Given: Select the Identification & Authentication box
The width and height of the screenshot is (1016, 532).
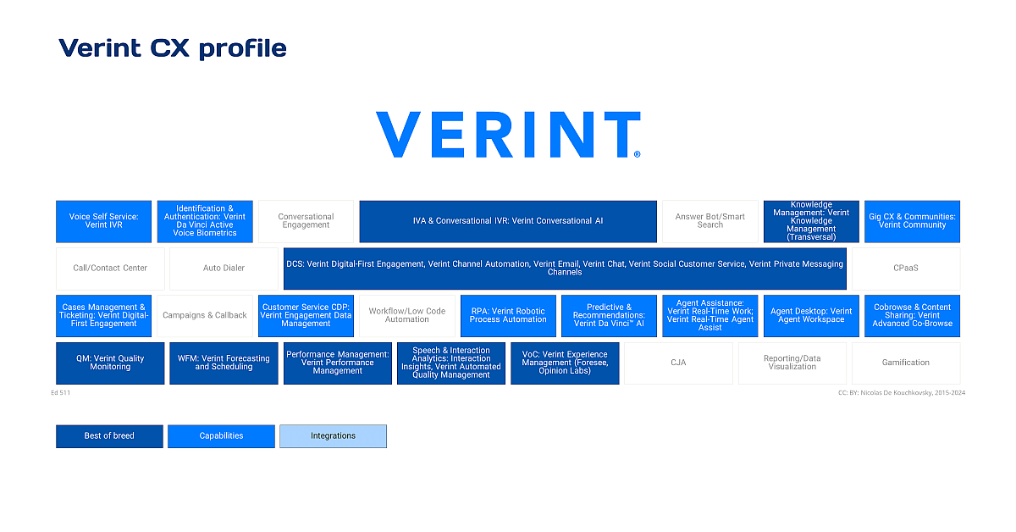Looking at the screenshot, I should click(205, 221).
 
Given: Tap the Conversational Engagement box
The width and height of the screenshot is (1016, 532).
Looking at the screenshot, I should click(306, 221).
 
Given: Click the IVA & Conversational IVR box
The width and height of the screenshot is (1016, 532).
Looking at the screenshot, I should click(508, 221).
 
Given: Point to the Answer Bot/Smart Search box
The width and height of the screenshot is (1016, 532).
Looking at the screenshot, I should click(710, 221).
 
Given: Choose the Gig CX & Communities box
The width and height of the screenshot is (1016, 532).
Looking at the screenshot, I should click(912, 221).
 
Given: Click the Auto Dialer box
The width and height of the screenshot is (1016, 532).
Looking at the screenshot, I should click(224, 269).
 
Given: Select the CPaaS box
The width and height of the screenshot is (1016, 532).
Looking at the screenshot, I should click(905, 269).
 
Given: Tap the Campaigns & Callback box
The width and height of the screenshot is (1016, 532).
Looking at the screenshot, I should click(205, 315).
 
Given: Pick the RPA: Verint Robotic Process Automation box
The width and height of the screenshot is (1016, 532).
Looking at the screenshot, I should click(508, 315).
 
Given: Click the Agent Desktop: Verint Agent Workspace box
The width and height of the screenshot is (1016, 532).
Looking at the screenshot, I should click(811, 315).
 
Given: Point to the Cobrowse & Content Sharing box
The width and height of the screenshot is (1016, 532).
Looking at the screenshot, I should click(912, 315).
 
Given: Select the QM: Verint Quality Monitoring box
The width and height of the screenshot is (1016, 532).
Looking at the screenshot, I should click(110, 363).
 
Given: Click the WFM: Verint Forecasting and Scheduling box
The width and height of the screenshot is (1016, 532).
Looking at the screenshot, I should click(224, 363).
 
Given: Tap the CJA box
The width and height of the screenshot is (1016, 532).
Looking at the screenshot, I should click(678, 363).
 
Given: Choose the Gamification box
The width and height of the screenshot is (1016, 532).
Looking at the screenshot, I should click(905, 363).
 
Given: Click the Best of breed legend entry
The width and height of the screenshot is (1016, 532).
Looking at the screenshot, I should click(109, 436).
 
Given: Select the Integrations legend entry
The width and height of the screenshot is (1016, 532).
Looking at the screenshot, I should click(333, 436).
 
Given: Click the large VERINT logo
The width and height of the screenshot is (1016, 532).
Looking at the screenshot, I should click(508, 135).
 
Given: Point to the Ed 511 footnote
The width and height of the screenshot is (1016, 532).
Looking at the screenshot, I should click(62, 393).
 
